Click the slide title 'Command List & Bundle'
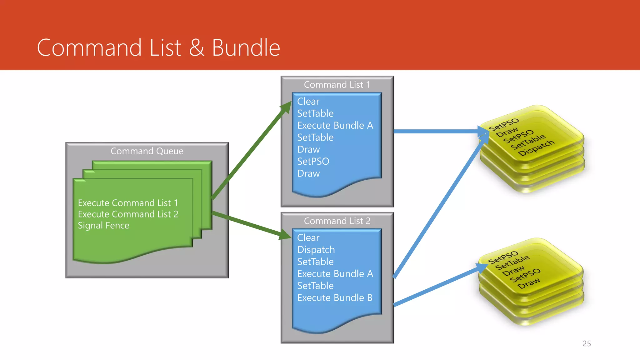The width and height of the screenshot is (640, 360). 158,47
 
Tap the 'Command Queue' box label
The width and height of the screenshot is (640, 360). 147,151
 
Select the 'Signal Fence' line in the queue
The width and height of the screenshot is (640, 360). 103,226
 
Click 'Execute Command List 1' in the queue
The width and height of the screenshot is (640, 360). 128,203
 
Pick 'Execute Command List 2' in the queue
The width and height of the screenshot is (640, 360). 128,214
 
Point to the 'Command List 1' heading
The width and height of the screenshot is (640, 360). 337,85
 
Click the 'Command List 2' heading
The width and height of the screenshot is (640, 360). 337,221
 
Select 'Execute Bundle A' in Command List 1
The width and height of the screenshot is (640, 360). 335,126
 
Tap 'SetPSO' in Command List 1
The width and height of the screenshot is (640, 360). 313,162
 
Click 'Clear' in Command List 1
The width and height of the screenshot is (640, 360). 308,102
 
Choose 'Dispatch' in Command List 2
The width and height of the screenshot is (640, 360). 316,250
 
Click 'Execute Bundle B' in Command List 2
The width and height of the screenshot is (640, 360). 335,298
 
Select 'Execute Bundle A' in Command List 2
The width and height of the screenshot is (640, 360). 335,274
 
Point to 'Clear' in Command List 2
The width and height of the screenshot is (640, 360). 308,238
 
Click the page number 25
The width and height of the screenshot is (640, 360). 587,344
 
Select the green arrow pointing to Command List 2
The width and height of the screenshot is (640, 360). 250,224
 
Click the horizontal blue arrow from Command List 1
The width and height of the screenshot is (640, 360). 437,131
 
